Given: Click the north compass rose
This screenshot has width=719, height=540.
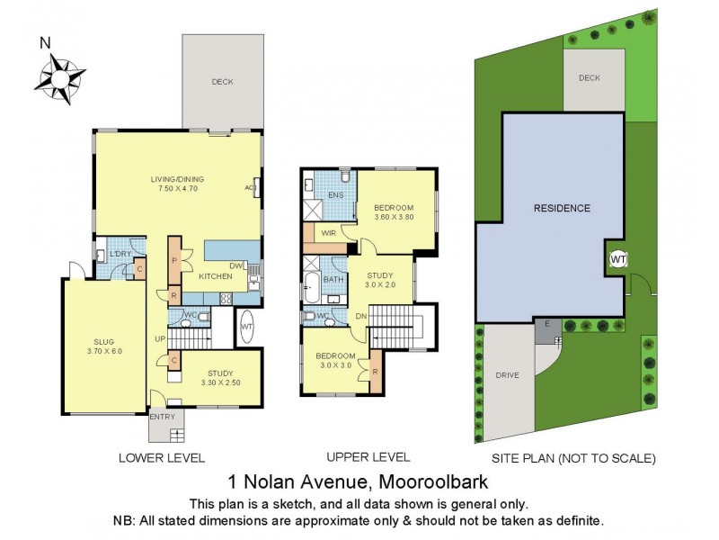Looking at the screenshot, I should point(60,75).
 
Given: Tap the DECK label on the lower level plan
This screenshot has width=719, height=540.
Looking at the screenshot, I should point(222,82).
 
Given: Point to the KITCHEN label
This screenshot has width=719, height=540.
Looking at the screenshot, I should point(216,277).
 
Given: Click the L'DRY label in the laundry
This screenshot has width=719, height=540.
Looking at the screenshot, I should point(120,254).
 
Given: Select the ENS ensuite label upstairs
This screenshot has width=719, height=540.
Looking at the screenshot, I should point(336,194).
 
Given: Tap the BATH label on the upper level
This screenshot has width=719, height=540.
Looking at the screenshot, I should point(332,280).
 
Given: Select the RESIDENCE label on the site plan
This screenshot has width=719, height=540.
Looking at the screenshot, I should point(562,209).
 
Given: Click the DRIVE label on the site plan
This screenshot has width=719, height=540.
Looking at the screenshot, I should point(507,374).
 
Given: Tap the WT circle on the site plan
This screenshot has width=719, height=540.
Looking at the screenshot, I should point(617,259).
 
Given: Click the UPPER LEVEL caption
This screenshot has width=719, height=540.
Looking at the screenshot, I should point(368,457).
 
